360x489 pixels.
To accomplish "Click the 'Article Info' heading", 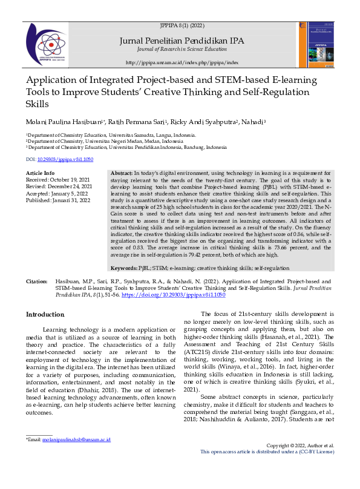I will click(x=41, y=173).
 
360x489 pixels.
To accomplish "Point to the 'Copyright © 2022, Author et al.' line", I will click(x=300, y=462).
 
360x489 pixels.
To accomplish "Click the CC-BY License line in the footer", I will click(x=284, y=468).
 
